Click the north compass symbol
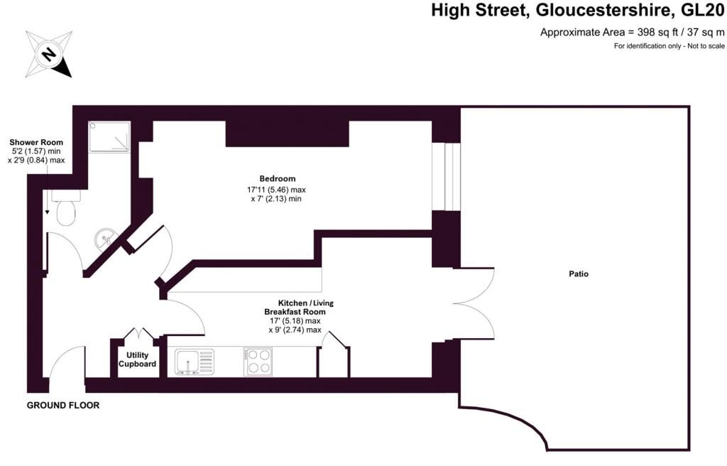[48, 54]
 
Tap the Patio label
[579, 273]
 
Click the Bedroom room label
[277, 178]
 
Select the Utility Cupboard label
[137, 359]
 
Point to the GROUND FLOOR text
[63, 406]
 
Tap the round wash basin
[106, 238]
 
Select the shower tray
[109, 136]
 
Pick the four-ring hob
[258, 361]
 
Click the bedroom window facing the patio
[447, 176]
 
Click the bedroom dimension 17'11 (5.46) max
[276, 190]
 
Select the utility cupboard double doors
[137, 335]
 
